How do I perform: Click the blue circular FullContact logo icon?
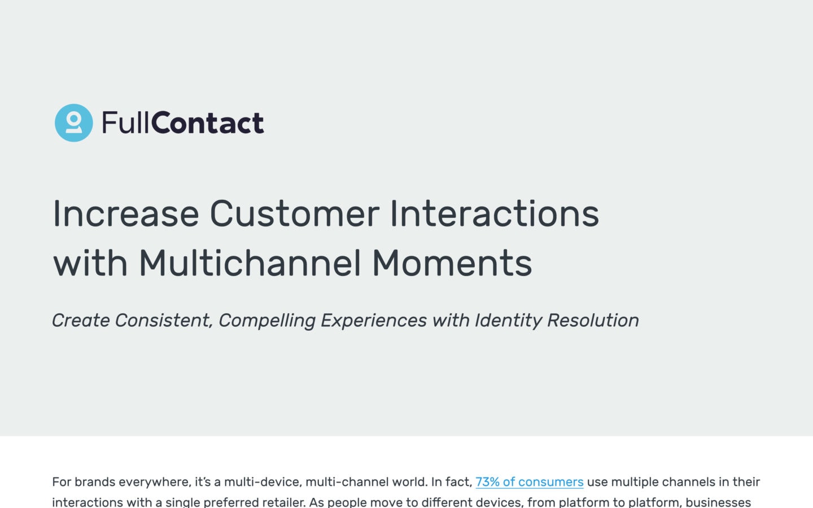tap(73, 122)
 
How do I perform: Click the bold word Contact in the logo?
tap(207, 122)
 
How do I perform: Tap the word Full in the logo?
tap(125, 122)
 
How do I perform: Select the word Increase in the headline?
tap(126, 213)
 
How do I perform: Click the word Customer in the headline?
tap(295, 213)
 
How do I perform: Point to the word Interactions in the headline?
tap(495, 213)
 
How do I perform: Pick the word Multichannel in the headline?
tap(250, 262)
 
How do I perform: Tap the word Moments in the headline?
tap(452, 262)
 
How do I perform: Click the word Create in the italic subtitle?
tap(81, 321)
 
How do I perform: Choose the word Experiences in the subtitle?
tap(374, 321)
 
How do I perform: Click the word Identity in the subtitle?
tap(509, 321)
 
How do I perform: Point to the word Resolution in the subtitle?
tap(593, 321)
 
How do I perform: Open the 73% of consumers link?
tap(530, 482)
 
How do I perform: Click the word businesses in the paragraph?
tap(718, 502)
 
